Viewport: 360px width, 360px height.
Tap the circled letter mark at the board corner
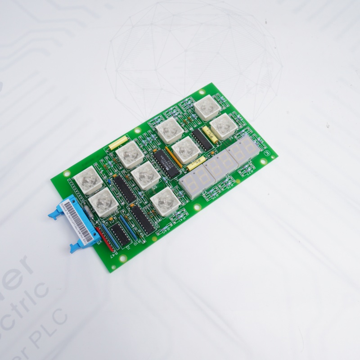coord(268,153)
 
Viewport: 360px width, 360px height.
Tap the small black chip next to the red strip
coord(118,235)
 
